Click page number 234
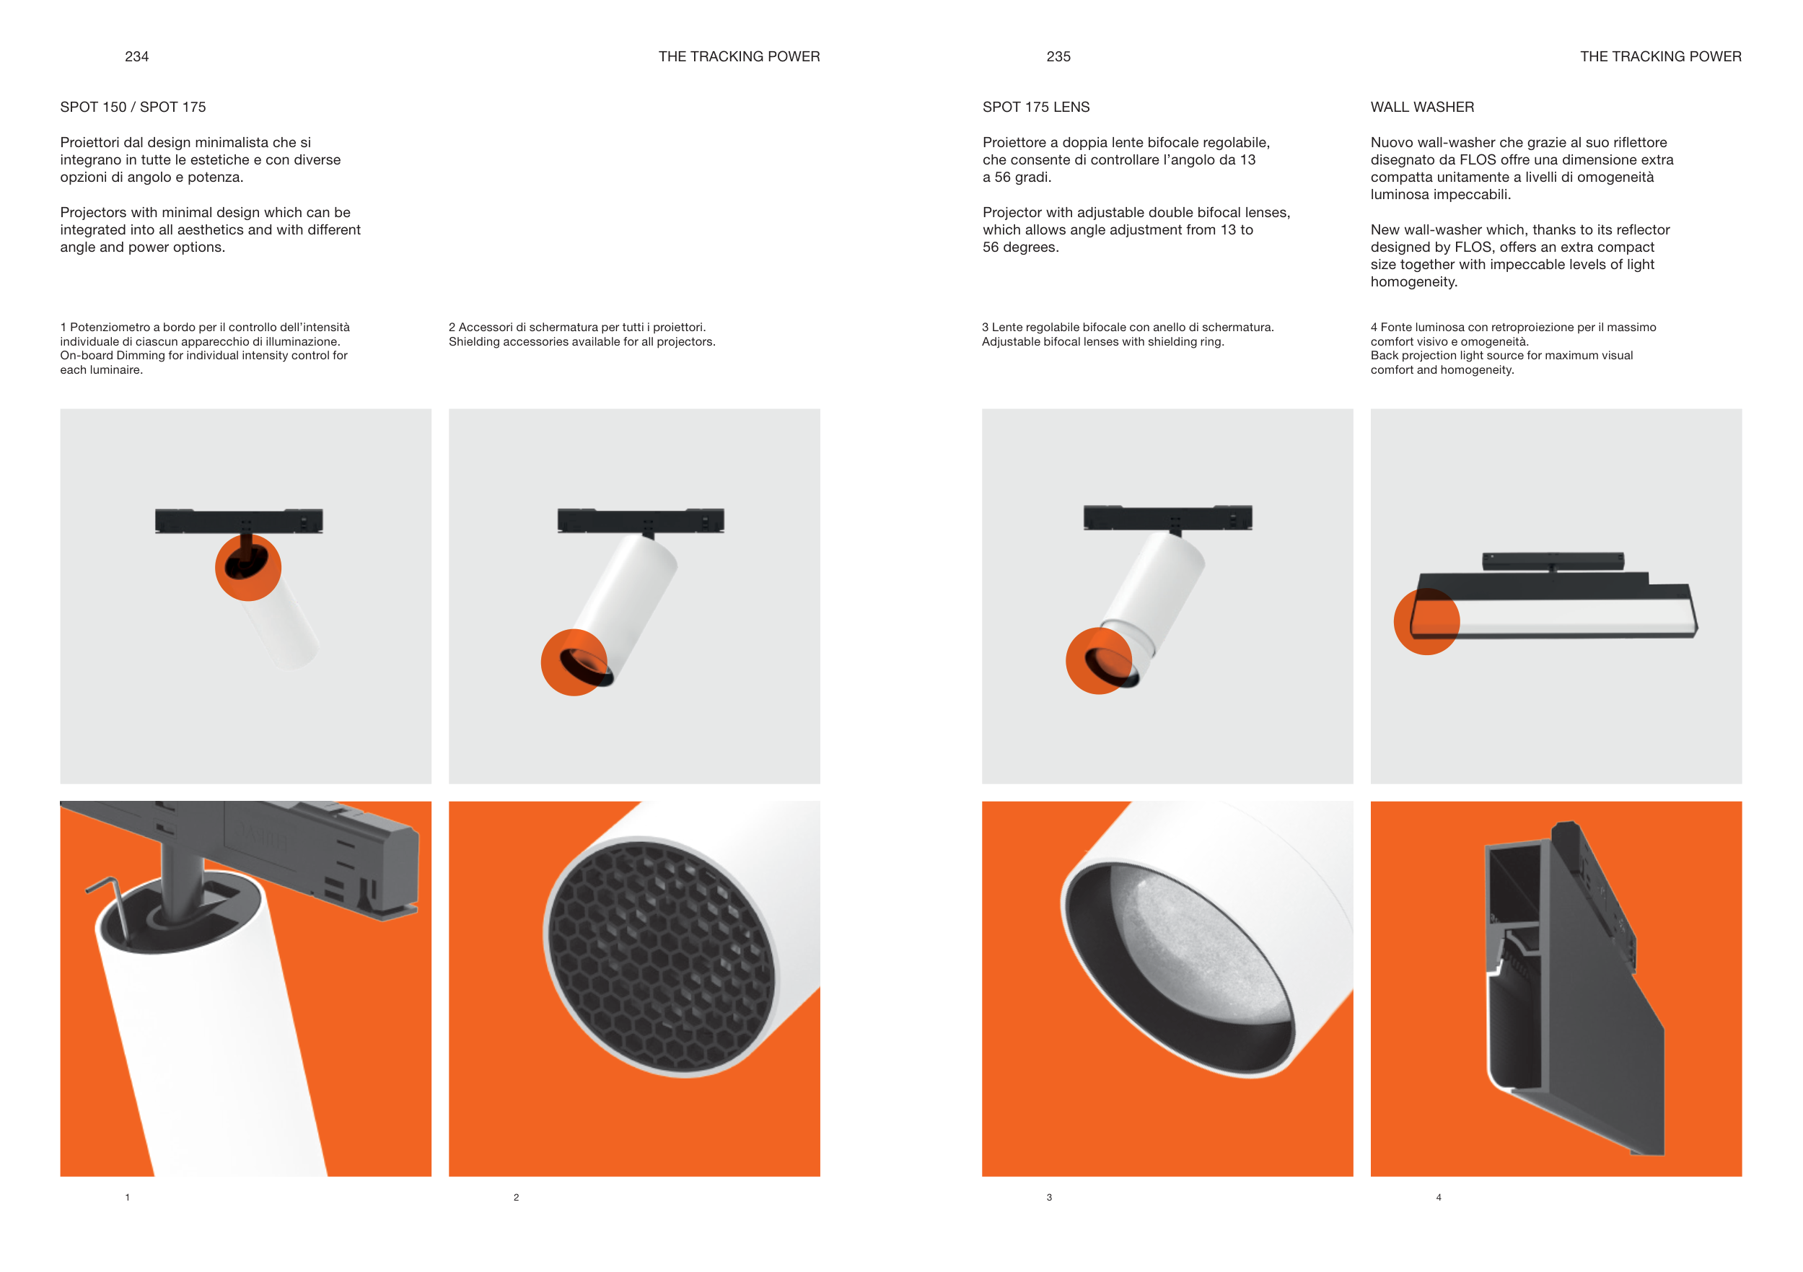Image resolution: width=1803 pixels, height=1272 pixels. (136, 56)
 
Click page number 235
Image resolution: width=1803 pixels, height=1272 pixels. (1058, 56)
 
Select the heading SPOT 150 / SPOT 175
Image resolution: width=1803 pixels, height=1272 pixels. (133, 107)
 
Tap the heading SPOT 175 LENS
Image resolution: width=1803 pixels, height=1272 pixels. (1036, 107)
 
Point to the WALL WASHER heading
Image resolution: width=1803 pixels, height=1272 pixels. (1422, 107)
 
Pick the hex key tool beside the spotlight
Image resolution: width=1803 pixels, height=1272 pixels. (108, 903)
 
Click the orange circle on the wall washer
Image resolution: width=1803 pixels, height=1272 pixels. (1426, 622)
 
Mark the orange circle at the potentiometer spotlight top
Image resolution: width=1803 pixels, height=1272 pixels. (248, 568)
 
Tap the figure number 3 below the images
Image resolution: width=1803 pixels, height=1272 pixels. (1049, 1198)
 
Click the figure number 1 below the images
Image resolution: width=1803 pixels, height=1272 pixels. (127, 1198)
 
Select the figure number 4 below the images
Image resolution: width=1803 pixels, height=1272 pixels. (1439, 1198)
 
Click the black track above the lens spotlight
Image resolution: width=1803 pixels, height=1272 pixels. (1167, 518)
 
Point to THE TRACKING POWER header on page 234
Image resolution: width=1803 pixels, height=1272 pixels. (739, 56)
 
